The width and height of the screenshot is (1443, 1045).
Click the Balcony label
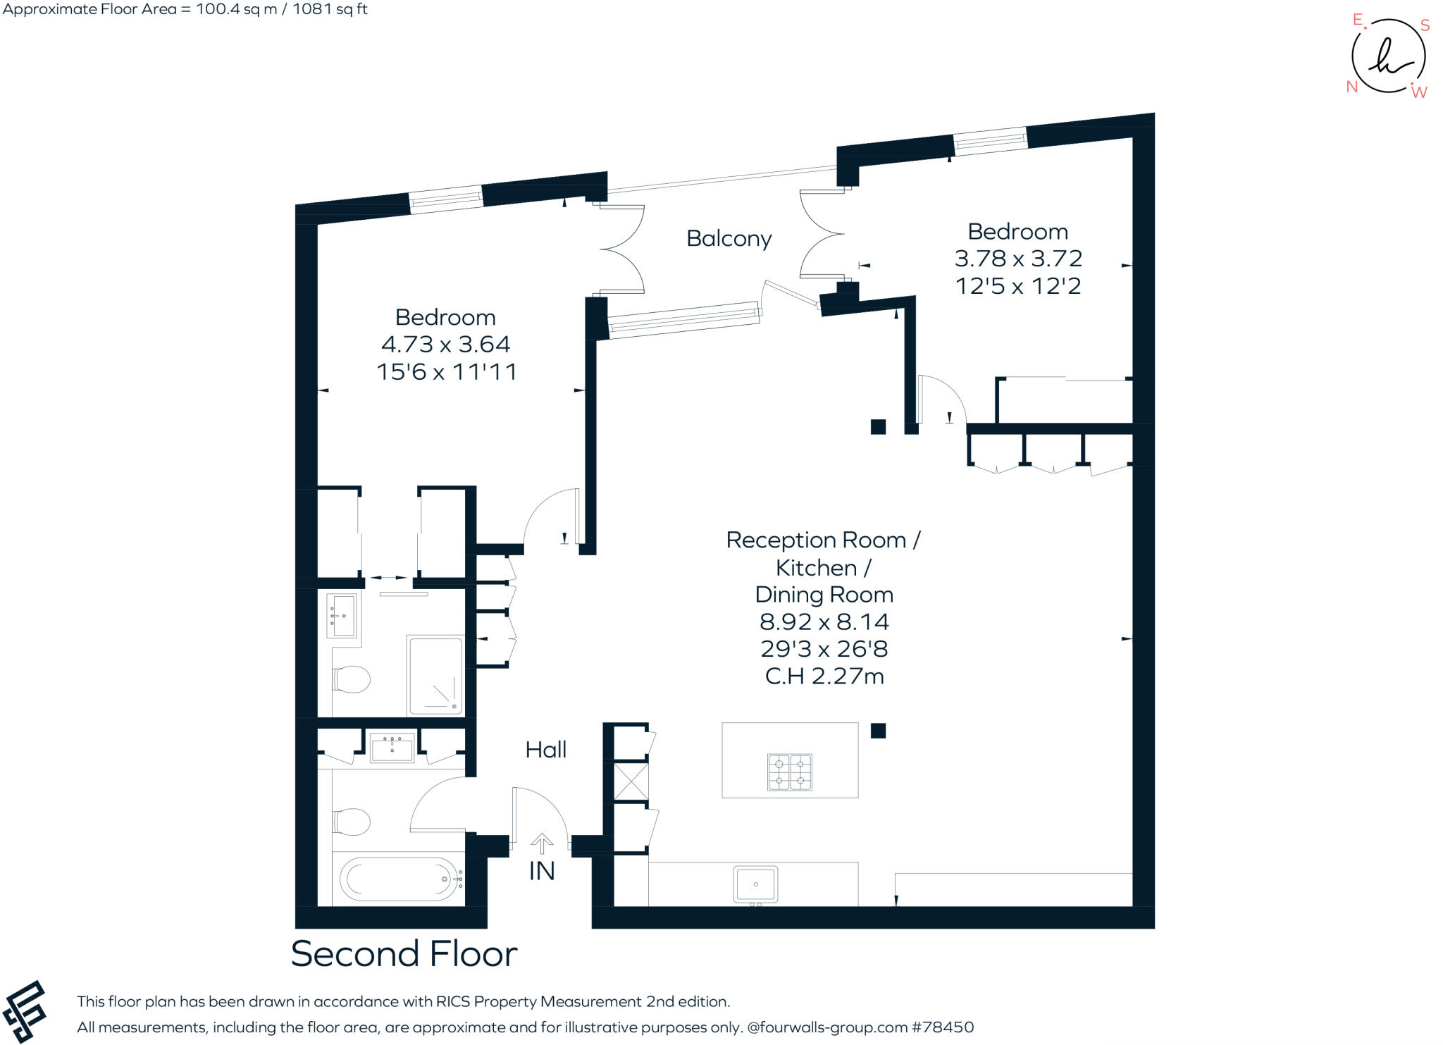pos(729,239)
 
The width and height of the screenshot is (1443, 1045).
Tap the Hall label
pos(546,750)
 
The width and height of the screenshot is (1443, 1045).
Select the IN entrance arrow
pos(542,843)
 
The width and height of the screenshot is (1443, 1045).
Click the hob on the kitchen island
pos(789,772)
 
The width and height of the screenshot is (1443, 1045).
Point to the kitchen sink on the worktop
pos(755,884)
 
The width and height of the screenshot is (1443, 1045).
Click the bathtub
pos(400,879)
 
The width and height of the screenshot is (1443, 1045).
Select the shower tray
pos(435,675)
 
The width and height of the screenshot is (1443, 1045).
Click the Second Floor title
pos(404,953)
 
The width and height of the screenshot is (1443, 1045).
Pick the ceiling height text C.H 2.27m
pos(824,676)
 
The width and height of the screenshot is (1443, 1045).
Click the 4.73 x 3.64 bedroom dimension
pos(445,345)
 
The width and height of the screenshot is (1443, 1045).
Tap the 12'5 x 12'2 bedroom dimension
pos(1018,286)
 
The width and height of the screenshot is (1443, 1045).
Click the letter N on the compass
pos(1352,87)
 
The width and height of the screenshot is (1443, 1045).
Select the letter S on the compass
pos(1425,26)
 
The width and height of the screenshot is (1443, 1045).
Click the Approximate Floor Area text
pos(185,9)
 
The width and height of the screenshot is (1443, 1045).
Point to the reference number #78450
pos(943,1027)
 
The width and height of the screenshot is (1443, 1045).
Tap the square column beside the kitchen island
pos(878,731)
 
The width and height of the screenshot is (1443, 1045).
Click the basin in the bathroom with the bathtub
pos(392,748)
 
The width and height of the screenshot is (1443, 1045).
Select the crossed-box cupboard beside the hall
pos(631,781)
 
